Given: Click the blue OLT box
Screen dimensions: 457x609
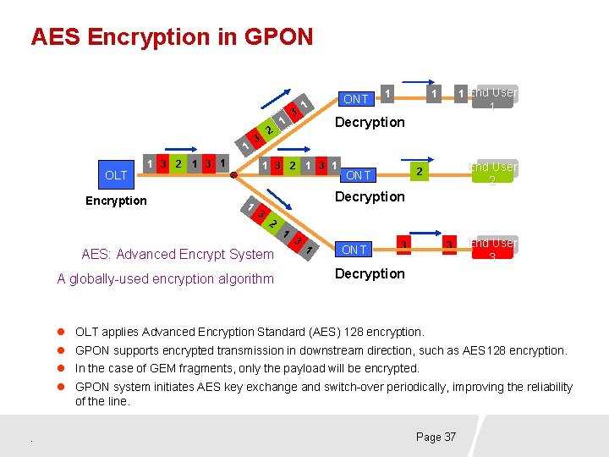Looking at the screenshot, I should tap(116, 176).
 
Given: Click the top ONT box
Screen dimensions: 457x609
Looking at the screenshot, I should tap(356, 98).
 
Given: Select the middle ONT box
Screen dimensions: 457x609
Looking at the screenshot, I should tap(359, 175).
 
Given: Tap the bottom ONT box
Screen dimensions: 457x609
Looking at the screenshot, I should tap(354, 249).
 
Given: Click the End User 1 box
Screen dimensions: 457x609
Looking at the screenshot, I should tap(494, 98).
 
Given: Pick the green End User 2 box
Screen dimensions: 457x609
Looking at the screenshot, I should tap(494, 173).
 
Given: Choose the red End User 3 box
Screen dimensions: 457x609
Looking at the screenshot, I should tap(494, 249).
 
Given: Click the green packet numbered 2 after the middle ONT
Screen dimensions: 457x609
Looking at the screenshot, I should tap(417, 173).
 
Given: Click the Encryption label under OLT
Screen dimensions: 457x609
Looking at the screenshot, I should tap(116, 201).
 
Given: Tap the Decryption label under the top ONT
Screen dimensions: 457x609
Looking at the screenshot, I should tap(370, 122).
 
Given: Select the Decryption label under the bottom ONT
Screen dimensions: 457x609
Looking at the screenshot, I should tap(370, 273).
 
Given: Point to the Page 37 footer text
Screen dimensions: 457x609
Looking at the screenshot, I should tap(436, 437).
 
